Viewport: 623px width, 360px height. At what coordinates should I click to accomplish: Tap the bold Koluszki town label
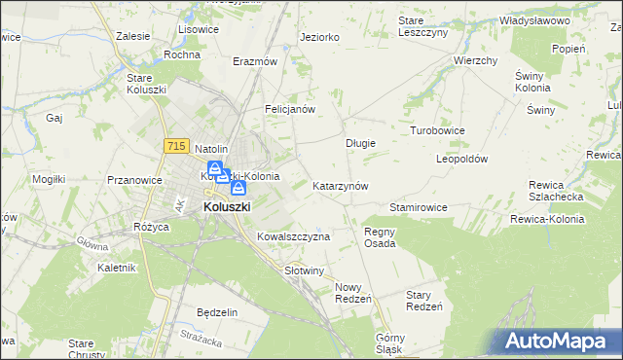227,207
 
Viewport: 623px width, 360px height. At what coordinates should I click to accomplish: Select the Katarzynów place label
340,185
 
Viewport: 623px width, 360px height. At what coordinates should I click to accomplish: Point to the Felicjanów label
290,109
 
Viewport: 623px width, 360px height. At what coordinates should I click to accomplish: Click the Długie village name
361,142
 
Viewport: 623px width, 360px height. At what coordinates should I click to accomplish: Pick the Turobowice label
437,129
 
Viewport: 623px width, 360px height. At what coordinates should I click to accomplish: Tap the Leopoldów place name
461,158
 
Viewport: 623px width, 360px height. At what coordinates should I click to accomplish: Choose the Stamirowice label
418,207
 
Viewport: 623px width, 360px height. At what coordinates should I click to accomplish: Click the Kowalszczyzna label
294,236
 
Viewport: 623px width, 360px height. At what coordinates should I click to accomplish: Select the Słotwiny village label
303,270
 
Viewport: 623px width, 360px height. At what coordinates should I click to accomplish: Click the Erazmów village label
255,60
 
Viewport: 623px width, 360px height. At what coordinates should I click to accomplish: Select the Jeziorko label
320,37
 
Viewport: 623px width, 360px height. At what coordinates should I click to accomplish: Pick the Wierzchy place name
476,60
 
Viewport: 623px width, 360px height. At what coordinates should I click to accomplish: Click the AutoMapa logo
559,342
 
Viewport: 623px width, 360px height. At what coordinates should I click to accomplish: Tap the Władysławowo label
533,19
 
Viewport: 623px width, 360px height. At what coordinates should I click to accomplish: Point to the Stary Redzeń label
424,300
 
